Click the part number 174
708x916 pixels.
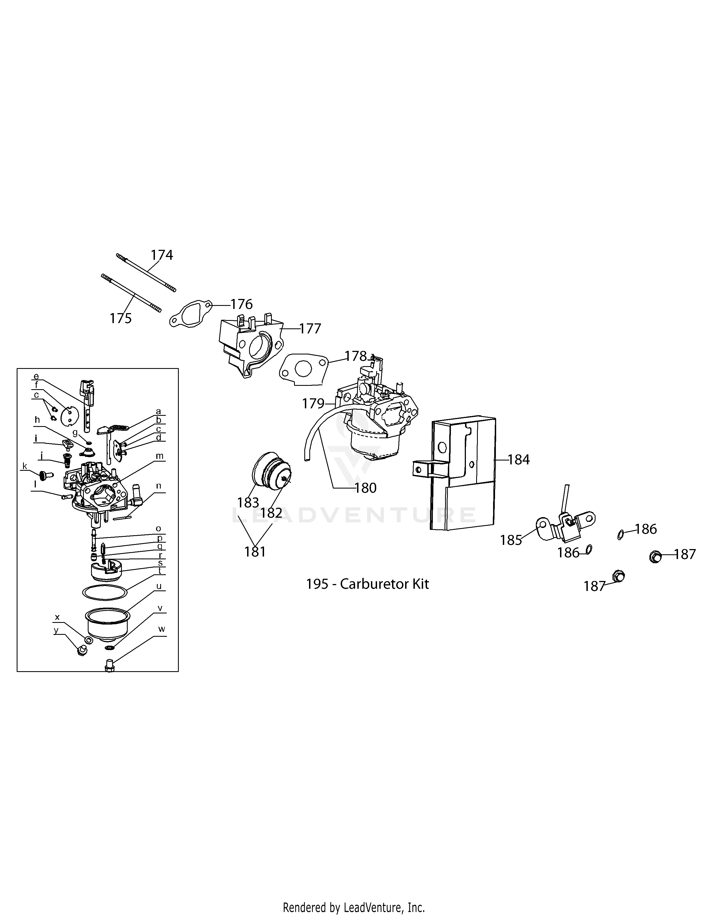162,255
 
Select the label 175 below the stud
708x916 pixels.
120,319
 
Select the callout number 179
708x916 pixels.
313,404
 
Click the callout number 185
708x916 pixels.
510,540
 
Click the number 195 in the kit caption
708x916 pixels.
317,584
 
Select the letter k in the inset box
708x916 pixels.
25,466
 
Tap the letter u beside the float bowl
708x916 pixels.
159,586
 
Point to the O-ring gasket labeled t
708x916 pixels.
105,592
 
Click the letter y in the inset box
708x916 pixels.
56,630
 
